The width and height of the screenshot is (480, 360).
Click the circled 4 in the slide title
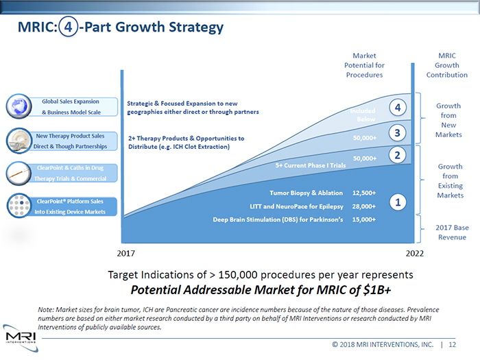tap(67, 28)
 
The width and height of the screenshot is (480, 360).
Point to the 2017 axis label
tap(126, 253)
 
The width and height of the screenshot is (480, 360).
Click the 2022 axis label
tap(413, 253)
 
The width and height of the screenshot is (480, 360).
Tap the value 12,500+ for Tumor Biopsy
tap(363, 193)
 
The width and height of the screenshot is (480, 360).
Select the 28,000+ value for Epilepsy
tap(363, 206)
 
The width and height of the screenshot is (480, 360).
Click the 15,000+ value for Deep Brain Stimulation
tap(363, 219)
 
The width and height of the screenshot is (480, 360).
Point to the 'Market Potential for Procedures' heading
tap(363, 65)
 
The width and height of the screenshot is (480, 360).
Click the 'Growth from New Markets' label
tap(448, 120)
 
